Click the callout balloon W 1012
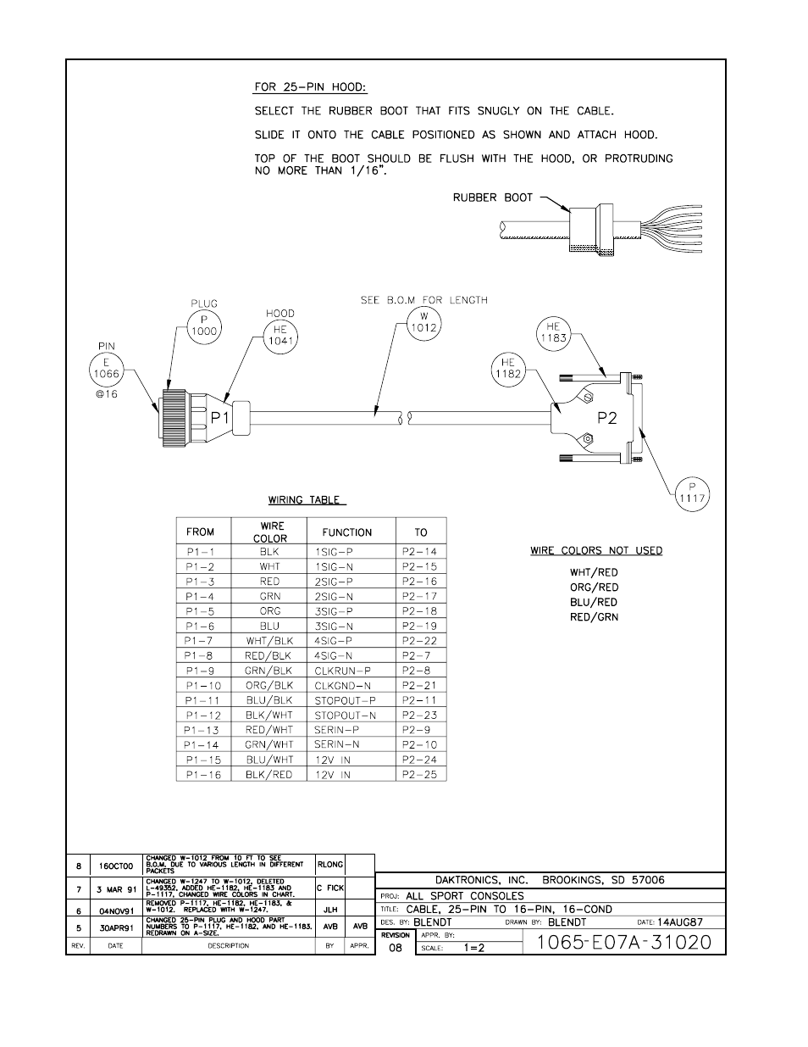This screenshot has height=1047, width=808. pos(423,328)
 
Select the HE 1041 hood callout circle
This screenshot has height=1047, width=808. pos(280,336)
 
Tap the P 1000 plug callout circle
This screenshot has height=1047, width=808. pos(203,326)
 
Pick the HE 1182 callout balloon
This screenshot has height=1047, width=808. pos(508,369)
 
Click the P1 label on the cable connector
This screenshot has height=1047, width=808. pos(220,417)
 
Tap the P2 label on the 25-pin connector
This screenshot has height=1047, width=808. pos(608,417)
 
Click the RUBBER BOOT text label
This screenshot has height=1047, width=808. pos(492,198)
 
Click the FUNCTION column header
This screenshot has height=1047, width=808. pos(346,532)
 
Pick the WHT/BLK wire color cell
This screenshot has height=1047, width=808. pos(269,641)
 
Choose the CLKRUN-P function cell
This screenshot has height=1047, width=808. pos(342,671)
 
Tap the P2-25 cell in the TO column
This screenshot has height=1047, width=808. pos(419,774)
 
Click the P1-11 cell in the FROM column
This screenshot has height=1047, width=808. pos(202,700)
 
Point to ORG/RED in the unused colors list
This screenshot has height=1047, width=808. pos(594,588)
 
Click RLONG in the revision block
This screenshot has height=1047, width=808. pos(329,865)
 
